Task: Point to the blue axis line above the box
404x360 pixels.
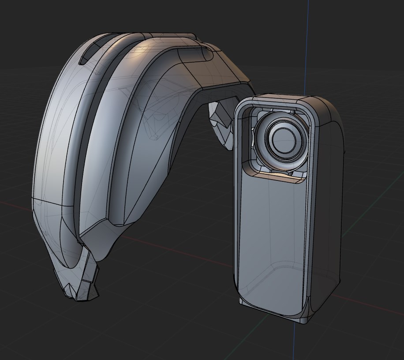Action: [x=307, y=44]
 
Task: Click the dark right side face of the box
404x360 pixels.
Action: [x=329, y=199]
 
